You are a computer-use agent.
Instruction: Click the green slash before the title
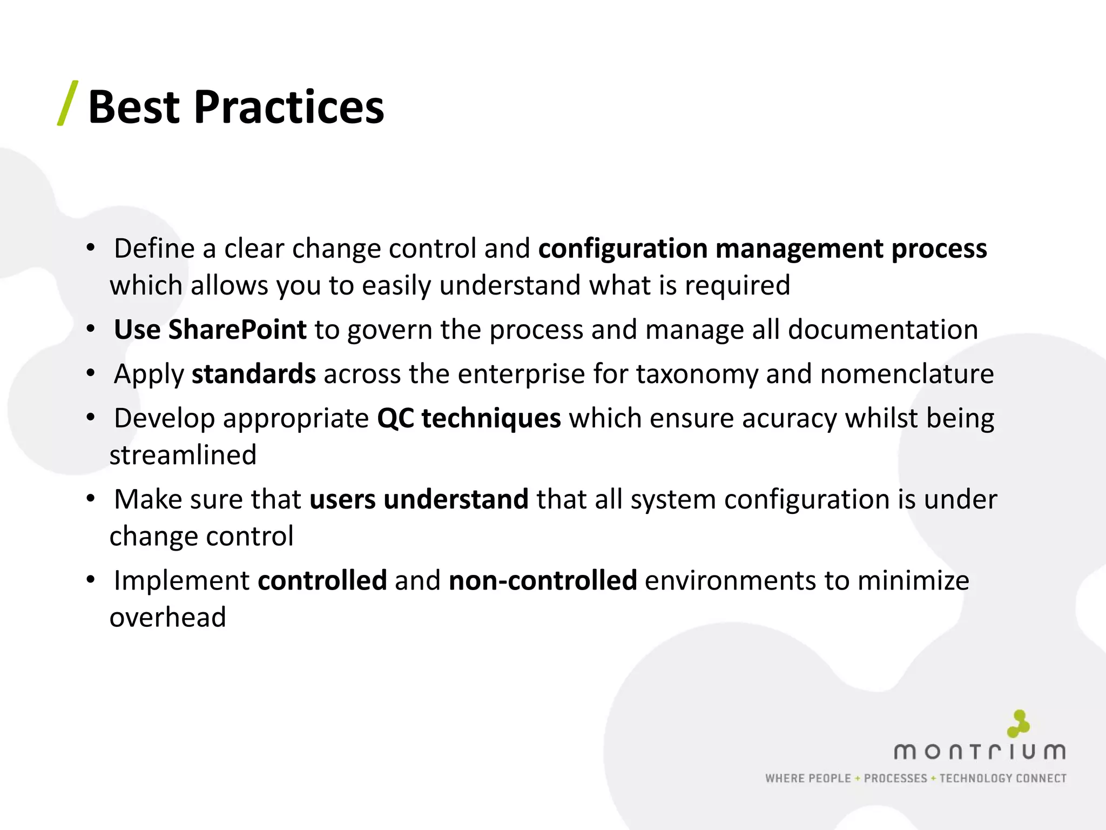click(68, 103)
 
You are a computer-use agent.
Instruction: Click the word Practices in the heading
click(289, 108)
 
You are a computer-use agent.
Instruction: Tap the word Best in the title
click(133, 108)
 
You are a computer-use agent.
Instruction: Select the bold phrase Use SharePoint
click(210, 330)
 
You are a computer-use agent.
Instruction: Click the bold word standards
click(253, 374)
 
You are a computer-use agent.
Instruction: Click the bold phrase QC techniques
click(469, 419)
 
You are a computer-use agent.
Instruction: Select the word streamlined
click(183, 455)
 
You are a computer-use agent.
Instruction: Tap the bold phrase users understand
click(419, 499)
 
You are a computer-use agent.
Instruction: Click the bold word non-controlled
click(543, 581)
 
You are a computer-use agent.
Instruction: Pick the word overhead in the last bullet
click(167, 618)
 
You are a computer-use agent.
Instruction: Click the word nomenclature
click(907, 374)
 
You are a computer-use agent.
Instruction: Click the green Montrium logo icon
click(1019, 724)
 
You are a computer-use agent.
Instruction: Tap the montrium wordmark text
click(980, 752)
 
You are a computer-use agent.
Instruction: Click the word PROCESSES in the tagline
click(895, 779)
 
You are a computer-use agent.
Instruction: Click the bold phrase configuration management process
click(763, 249)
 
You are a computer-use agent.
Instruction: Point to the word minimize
click(913, 581)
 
